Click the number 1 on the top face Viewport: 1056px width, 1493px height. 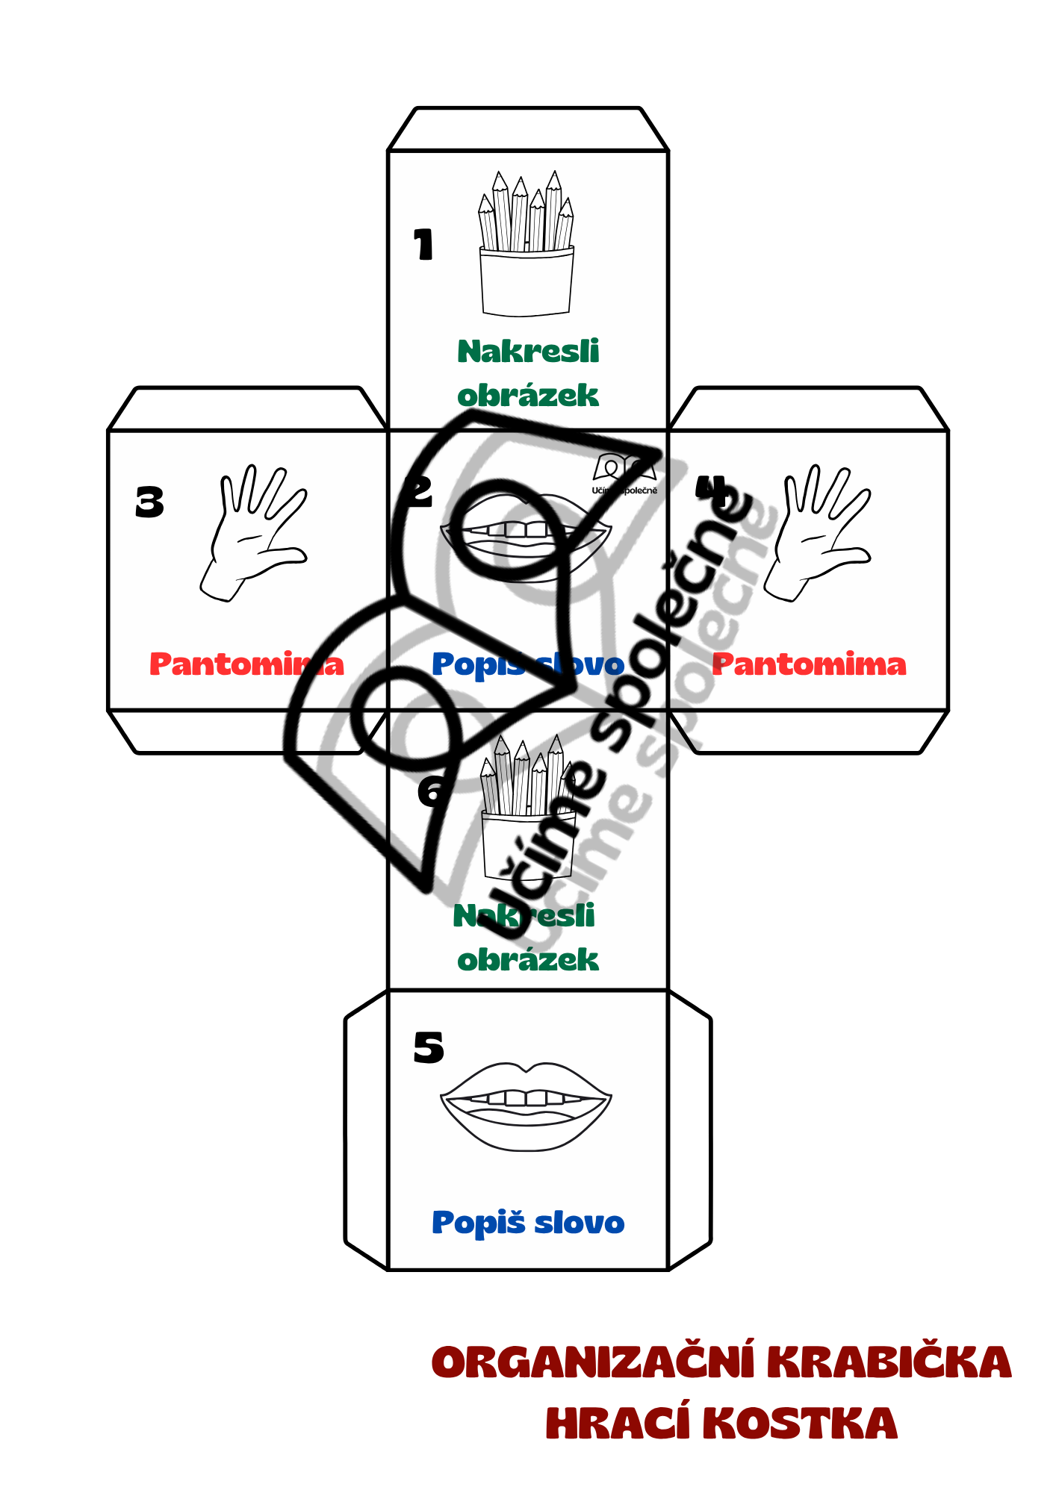(423, 244)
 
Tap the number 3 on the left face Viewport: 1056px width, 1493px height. (149, 502)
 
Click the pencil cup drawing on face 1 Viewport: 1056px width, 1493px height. (527, 246)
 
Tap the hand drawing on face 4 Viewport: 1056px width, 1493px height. (820, 532)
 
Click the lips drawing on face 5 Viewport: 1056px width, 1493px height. (526, 1104)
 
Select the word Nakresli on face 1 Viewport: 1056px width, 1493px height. (528, 352)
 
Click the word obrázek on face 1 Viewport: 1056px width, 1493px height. (528, 396)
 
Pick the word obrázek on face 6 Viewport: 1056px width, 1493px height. (528, 960)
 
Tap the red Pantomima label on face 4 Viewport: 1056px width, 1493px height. (809, 664)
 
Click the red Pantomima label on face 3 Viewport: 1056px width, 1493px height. (246, 664)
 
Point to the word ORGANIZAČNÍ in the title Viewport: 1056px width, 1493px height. (593, 1362)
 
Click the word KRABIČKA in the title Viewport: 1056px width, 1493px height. (889, 1362)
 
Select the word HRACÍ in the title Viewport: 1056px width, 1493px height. (618, 1423)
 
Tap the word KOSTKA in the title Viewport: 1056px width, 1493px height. (800, 1423)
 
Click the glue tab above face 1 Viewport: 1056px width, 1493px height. (528, 129)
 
